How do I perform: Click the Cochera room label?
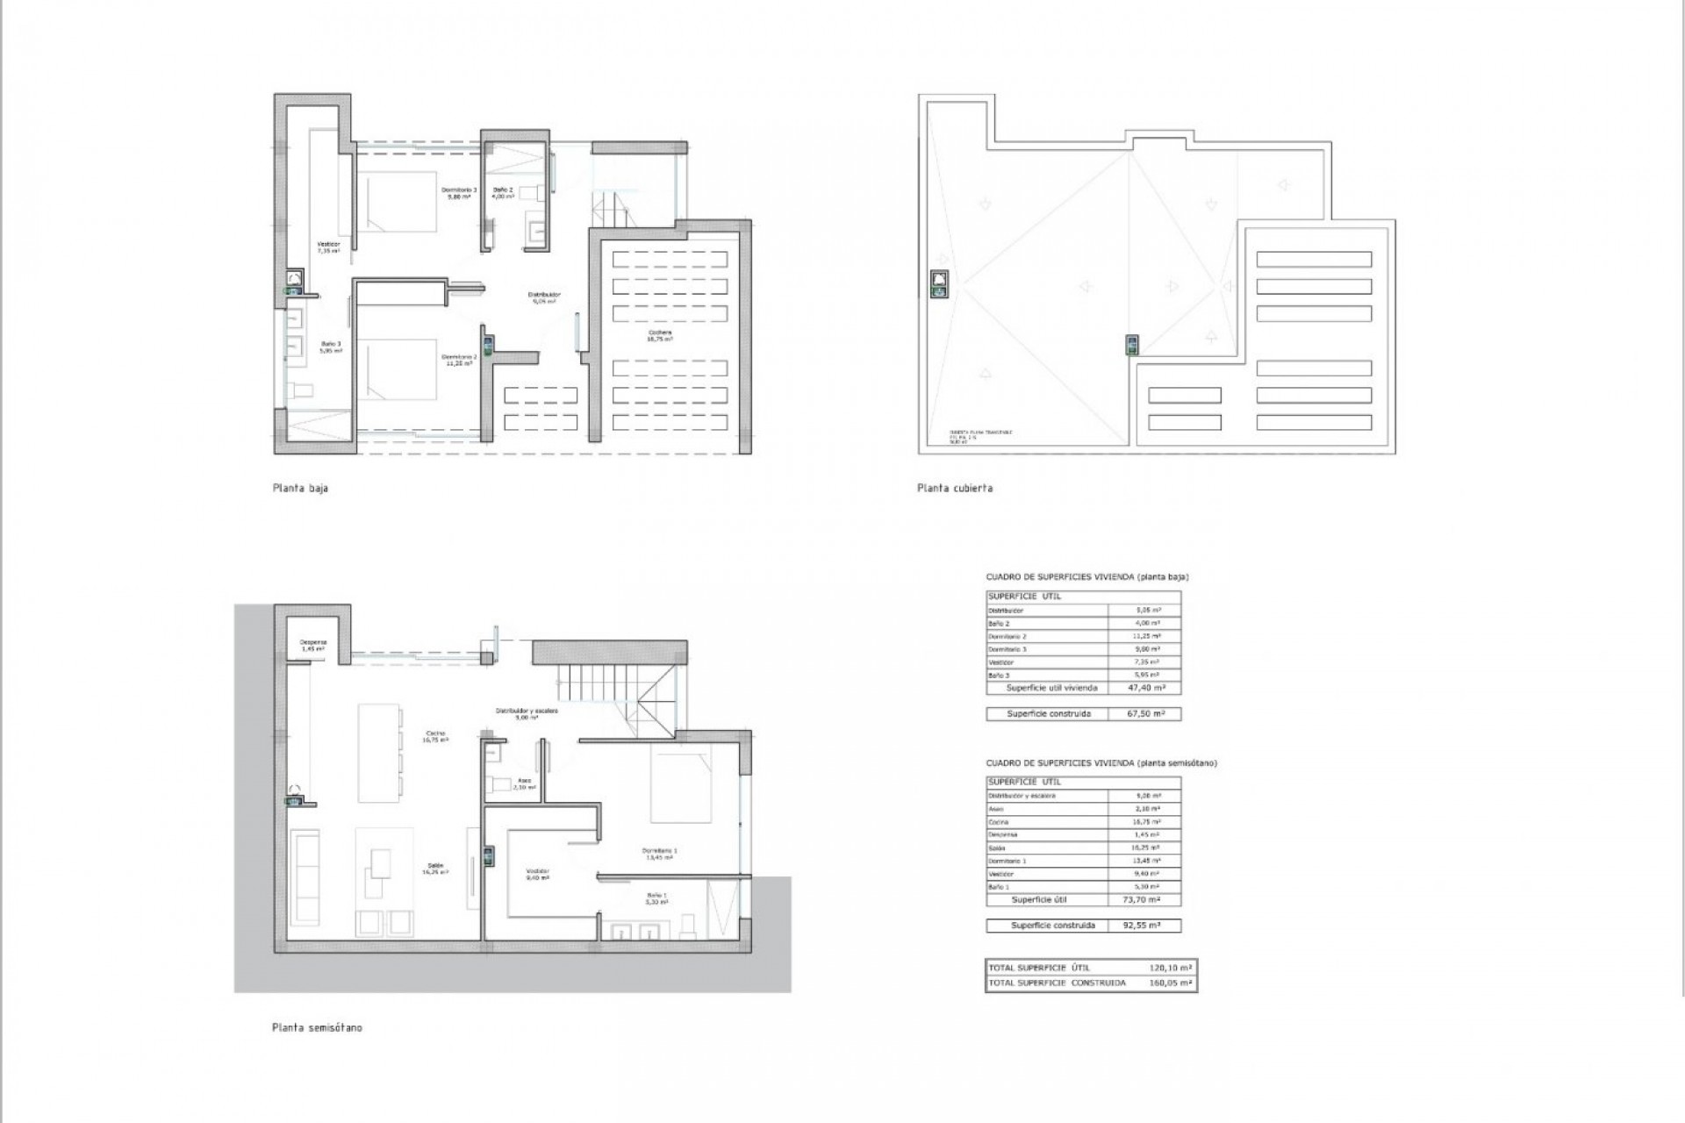click(660, 334)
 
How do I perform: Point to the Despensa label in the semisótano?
click(313, 644)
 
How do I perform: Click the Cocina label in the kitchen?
click(436, 736)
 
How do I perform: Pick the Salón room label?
click(436, 869)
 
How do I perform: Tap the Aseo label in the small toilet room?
click(524, 783)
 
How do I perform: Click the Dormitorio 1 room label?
click(660, 854)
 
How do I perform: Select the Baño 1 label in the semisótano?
click(656, 898)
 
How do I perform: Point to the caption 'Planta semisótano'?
click(317, 1027)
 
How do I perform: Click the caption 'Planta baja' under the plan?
click(300, 488)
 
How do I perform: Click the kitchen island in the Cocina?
click(377, 751)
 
